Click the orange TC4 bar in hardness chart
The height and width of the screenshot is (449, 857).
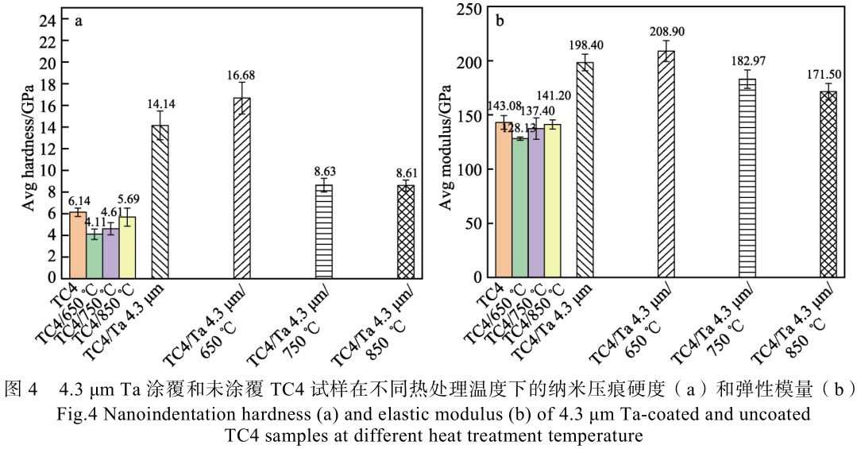[78, 246]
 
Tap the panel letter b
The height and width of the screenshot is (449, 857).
[500, 21]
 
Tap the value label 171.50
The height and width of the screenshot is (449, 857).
[828, 74]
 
